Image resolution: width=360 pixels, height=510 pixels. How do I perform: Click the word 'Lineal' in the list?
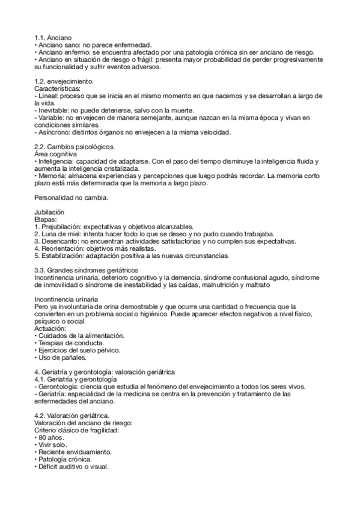point(48,96)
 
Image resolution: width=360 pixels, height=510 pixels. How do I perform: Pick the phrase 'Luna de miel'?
point(59,235)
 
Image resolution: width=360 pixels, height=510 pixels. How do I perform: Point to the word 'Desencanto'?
point(58,242)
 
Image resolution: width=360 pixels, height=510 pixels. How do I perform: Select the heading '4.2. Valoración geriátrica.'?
point(72,416)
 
